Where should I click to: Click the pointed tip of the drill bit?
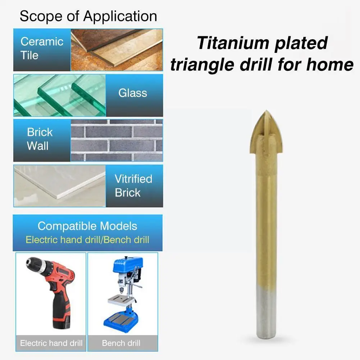[x=265, y=112]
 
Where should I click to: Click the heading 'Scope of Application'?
[x=88, y=17]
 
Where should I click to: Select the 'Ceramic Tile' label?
[x=42, y=48]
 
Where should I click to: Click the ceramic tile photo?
[x=117, y=50]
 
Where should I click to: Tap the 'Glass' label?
[x=133, y=93]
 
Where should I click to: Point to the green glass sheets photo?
[x=60, y=95]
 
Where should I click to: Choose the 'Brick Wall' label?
[x=40, y=139]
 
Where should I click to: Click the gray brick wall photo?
[x=117, y=140]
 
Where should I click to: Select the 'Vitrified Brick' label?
[x=133, y=186]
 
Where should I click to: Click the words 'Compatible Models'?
[x=87, y=226]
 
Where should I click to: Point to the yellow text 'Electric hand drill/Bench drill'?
[x=87, y=240]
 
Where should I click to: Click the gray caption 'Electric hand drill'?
[x=51, y=343]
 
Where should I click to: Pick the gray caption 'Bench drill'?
[x=121, y=343]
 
